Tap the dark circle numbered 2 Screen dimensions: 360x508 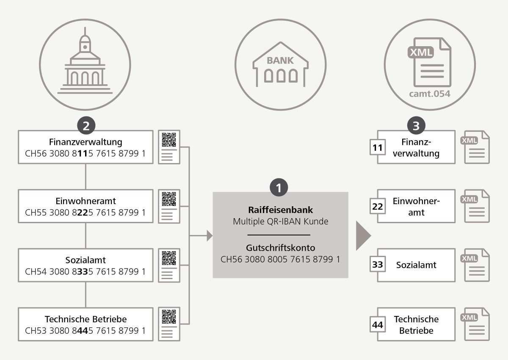click(x=86, y=126)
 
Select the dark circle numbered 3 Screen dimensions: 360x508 click(x=416, y=126)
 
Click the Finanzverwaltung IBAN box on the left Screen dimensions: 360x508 click(x=85, y=147)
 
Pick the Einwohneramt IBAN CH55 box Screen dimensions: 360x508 click(x=85, y=206)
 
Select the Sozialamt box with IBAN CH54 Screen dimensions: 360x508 click(x=85, y=265)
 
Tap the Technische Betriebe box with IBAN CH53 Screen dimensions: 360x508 click(x=85, y=324)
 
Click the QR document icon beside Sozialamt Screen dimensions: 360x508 click(x=169, y=265)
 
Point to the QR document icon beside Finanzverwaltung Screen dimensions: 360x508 click(x=169, y=147)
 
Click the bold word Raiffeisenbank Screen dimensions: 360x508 click(x=280, y=210)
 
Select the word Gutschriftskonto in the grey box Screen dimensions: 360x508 click(x=280, y=248)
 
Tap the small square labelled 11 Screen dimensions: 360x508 click(x=377, y=148)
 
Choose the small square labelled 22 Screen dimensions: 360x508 click(x=377, y=207)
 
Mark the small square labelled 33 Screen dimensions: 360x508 click(x=377, y=265)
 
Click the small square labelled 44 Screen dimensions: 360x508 click(x=377, y=325)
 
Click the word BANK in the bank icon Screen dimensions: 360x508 click(x=280, y=61)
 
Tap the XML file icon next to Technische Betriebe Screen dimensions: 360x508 click(x=477, y=324)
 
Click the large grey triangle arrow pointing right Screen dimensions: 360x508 click(x=363, y=235)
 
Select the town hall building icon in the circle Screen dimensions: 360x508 click(x=85, y=64)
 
